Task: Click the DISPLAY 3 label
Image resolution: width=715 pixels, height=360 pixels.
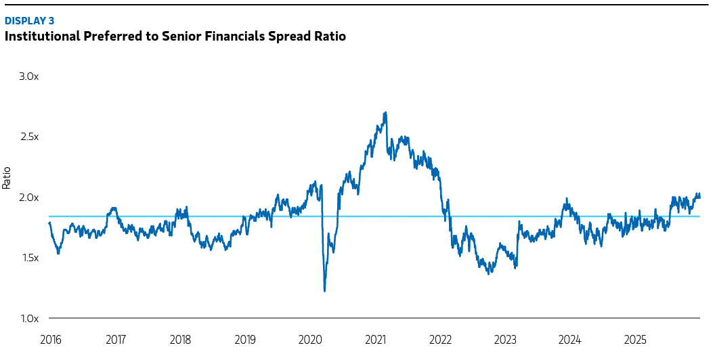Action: tap(29, 21)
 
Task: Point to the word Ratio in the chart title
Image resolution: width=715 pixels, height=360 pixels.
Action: tap(330, 37)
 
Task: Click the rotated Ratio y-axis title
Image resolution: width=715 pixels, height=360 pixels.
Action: tap(7, 178)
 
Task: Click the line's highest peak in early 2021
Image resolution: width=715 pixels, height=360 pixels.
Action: tap(385, 113)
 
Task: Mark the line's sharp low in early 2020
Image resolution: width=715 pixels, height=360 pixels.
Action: tap(325, 290)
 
